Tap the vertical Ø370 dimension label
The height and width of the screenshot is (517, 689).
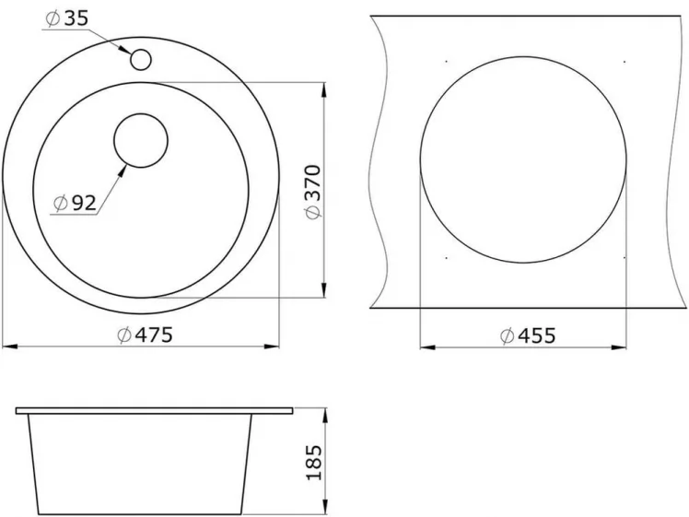pyautogui.click(x=312, y=192)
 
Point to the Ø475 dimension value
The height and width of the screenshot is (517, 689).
pyautogui.click(x=146, y=335)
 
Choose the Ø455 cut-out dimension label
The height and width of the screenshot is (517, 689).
pyautogui.click(x=528, y=335)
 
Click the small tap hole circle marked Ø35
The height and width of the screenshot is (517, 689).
pyautogui.click(x=141, y=59)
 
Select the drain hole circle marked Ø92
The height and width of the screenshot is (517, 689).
pyautogui.click(x=140, y=141)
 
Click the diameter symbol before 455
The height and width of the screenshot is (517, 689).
pyautogui.click(x=508, y=336)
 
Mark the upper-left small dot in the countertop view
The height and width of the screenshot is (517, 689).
pyautogui.click(x=446, y=62)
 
